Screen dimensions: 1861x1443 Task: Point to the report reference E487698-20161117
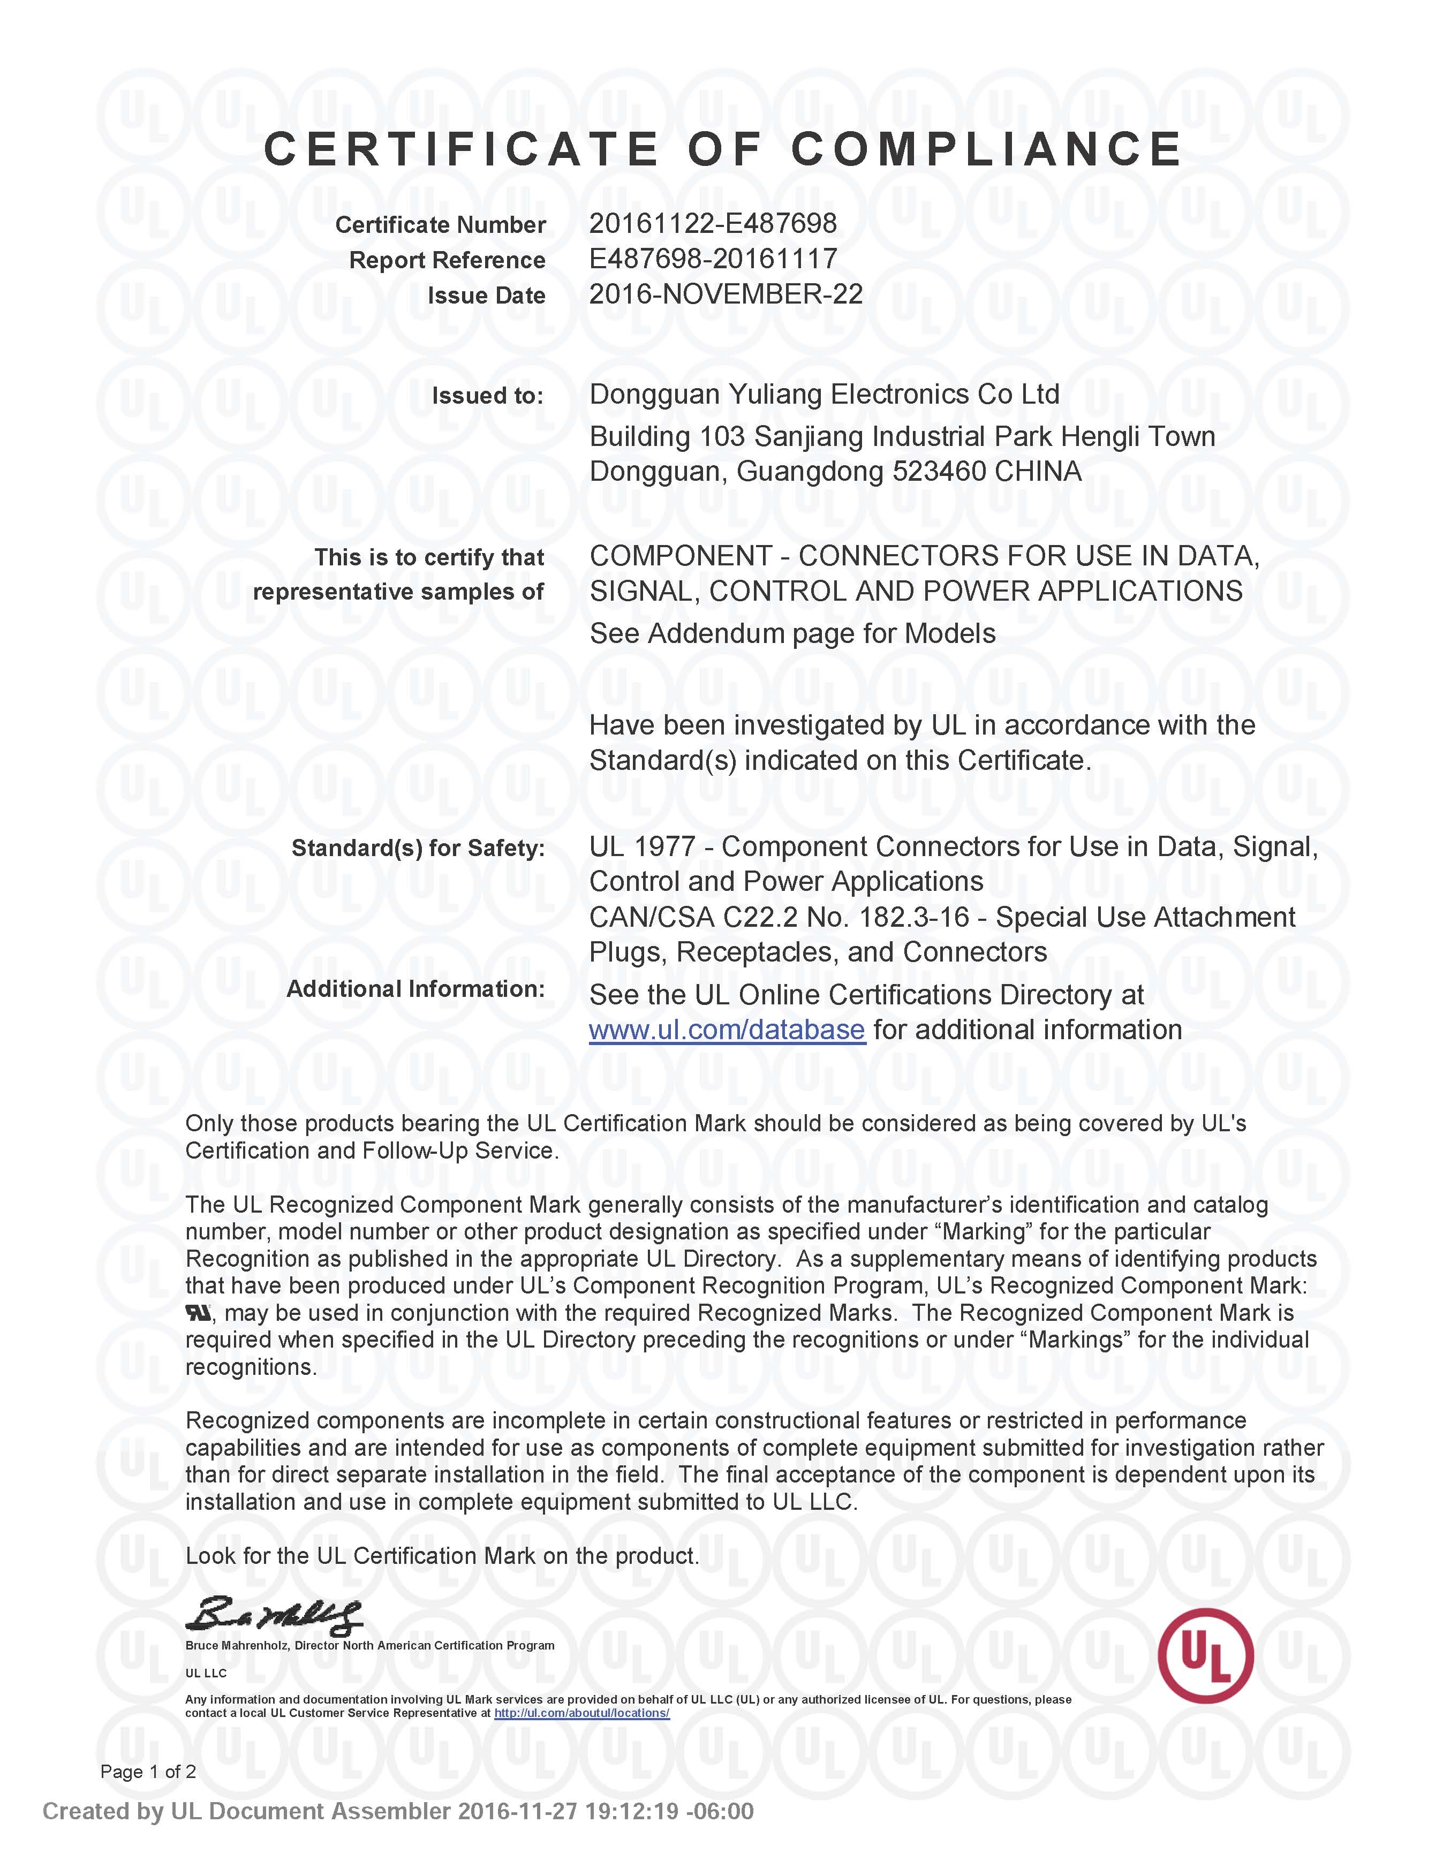click(713, 259)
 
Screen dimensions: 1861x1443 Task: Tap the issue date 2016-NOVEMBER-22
click(726, 295)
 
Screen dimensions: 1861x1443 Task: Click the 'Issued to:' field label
click(487, 396)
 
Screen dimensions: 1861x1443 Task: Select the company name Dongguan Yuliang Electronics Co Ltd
click(824, 395)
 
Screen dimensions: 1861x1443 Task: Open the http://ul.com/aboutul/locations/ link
click(581, 1713)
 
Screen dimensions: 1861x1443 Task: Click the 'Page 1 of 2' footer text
click(148, 1772)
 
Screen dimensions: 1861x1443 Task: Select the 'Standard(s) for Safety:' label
click(418, 849)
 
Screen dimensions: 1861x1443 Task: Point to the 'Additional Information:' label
click(415, 989)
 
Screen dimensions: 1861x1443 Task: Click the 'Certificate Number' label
click(440, 225)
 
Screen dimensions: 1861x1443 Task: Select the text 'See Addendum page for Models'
click(792, 634)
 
